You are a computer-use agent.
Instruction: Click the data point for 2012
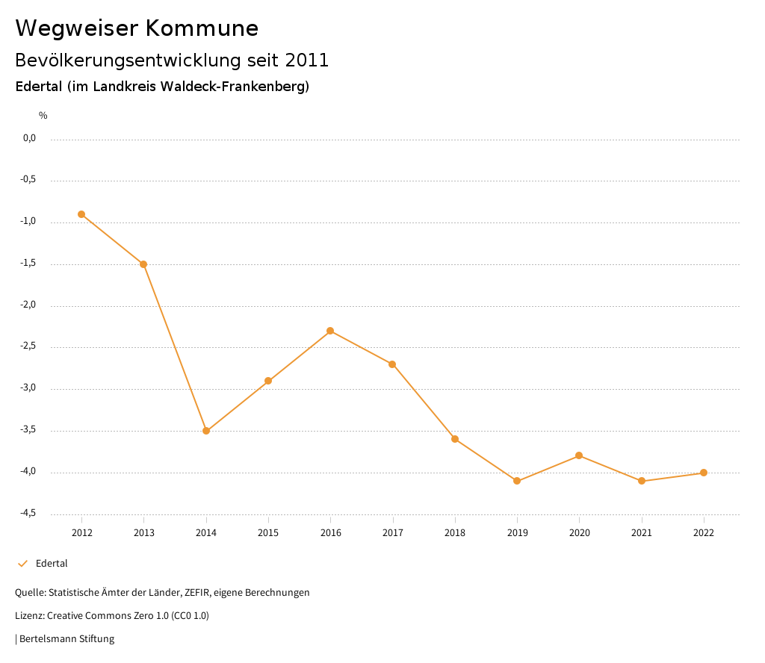coord(81,214)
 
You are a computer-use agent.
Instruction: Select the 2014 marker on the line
coord(206,431)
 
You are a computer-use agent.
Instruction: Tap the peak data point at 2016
coord(330,331)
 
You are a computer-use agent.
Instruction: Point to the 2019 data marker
coord(517,481)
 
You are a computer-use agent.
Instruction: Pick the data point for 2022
coord(704,473)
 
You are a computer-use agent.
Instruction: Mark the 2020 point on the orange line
coord(579,455)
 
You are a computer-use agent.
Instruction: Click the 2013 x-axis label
coord(144,532)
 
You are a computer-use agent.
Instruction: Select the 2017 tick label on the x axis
coord(393,532)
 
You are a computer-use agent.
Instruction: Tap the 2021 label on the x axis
coord(642,532)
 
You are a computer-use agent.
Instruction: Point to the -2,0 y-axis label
coord(29,305)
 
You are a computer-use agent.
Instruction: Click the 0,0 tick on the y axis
coord(29,138)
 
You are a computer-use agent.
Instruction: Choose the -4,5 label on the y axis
coord(29,513)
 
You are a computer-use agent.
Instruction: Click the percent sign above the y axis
coord(43,115)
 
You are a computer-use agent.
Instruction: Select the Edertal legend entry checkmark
coord(22,564)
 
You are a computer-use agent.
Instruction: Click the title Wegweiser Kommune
coord(137,28)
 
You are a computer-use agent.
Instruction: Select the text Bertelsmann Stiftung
coord(66,639)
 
